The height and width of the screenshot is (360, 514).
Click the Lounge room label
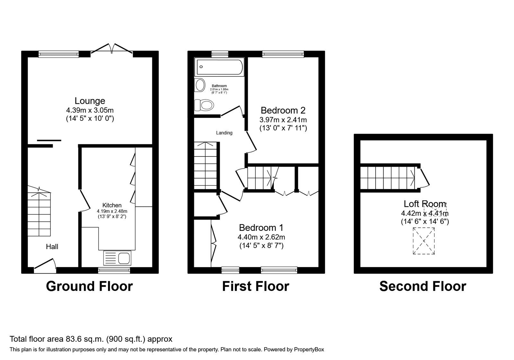[90, 101]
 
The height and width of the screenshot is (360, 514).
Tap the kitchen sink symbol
[117, 258]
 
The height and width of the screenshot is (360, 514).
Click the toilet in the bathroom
[204, 105]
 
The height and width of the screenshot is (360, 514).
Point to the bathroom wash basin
[200, 85]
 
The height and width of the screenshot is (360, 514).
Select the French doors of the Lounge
[112, 48]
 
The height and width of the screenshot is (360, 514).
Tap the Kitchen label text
[112, 205]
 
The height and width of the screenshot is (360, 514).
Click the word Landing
[224, 133]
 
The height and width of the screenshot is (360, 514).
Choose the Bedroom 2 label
[283, 111]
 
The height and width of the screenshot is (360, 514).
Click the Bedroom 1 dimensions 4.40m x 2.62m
[261, 237]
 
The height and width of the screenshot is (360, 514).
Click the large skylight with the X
[424, 241]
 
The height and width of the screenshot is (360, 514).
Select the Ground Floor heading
[89, 286]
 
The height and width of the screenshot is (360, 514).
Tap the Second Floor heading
[422, 286]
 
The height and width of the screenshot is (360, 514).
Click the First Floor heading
[255, 286]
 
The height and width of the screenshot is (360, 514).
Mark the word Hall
[52, 247]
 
